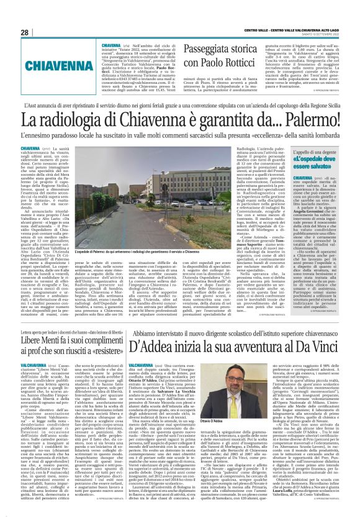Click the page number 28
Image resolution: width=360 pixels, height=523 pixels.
24,32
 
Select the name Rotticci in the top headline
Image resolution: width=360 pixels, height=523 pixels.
215,63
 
